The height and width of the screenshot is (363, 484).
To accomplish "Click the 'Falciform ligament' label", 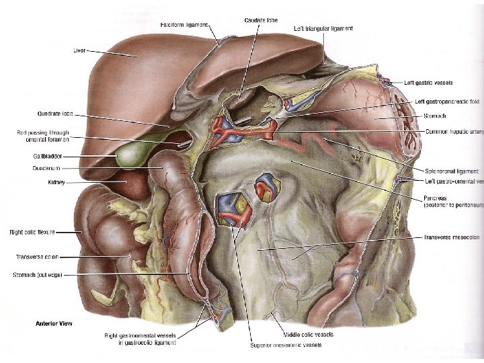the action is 184,25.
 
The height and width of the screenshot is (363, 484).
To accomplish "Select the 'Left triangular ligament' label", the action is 323,30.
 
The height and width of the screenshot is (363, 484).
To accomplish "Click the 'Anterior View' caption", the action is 54,323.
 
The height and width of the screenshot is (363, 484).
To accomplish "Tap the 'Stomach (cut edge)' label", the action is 37,275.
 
